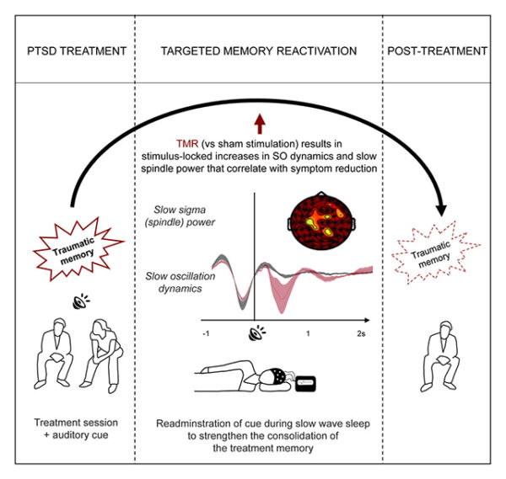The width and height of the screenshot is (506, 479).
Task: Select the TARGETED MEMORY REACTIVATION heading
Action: coord(259,52)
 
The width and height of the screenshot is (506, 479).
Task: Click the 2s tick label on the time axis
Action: coord(361,335)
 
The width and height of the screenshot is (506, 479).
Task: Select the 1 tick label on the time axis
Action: coord(308,335)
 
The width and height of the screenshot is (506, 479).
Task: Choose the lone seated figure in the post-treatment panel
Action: coord(436,350)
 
